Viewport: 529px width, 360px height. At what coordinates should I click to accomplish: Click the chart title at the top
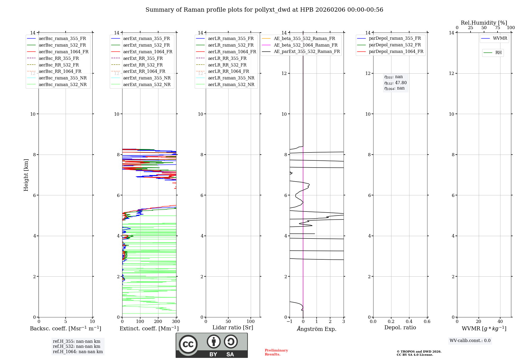pyautogui.click(x=264, y=10)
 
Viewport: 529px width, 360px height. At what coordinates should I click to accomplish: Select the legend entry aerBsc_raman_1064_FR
pyautogui.click(x=63, y=52)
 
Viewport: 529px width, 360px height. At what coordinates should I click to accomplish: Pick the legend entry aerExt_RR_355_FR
pyautogui.click(x=143, y=58)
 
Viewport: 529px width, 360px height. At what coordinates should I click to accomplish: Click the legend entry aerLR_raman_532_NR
pyautogui.click(x=231, y=84)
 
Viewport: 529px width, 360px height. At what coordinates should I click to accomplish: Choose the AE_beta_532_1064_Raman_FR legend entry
pyautogui.click(x=305, y=45)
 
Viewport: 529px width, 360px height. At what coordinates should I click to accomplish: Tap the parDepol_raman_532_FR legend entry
pyautogui.click(x=395, y=45)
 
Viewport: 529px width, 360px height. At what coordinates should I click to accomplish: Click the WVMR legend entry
pyautogui.click(x=500, y=38)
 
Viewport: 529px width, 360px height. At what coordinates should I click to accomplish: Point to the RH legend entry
pyautogui.click(x=498, y=53)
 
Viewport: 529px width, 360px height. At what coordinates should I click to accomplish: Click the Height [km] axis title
pyautogui.click(x=26, y=175)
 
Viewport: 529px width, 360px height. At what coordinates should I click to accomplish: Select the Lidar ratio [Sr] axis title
pyautogui.click(x=233, y=327)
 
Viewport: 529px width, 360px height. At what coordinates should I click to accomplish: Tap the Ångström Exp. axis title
pyautogui.click(x=317, y=329)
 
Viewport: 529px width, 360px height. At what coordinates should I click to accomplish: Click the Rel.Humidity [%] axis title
pyautogui.click(x=484, y=23)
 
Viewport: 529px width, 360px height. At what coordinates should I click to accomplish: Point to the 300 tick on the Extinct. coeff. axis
pyautogui.click(x=176, y=322)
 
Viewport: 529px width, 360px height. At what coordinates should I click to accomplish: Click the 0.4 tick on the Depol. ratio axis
pyautogui.click(x=409, y=322)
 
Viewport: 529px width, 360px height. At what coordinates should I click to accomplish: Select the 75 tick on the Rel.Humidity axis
pyautogui.click(x=497, y=28)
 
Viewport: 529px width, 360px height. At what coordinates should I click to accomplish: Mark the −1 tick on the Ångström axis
pyautogui.click(x=289, y=322)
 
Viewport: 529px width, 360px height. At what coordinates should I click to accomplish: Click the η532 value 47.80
pyautogui.click(x=401, y=83)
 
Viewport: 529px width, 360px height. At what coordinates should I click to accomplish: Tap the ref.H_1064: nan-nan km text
pyautogui.click(x=78, y=352)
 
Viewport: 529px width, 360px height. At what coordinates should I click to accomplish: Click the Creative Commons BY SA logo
pyautogui.click(x=212, y=345)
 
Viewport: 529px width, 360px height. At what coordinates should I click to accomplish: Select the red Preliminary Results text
pyautogui.click(x=276, y=352)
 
